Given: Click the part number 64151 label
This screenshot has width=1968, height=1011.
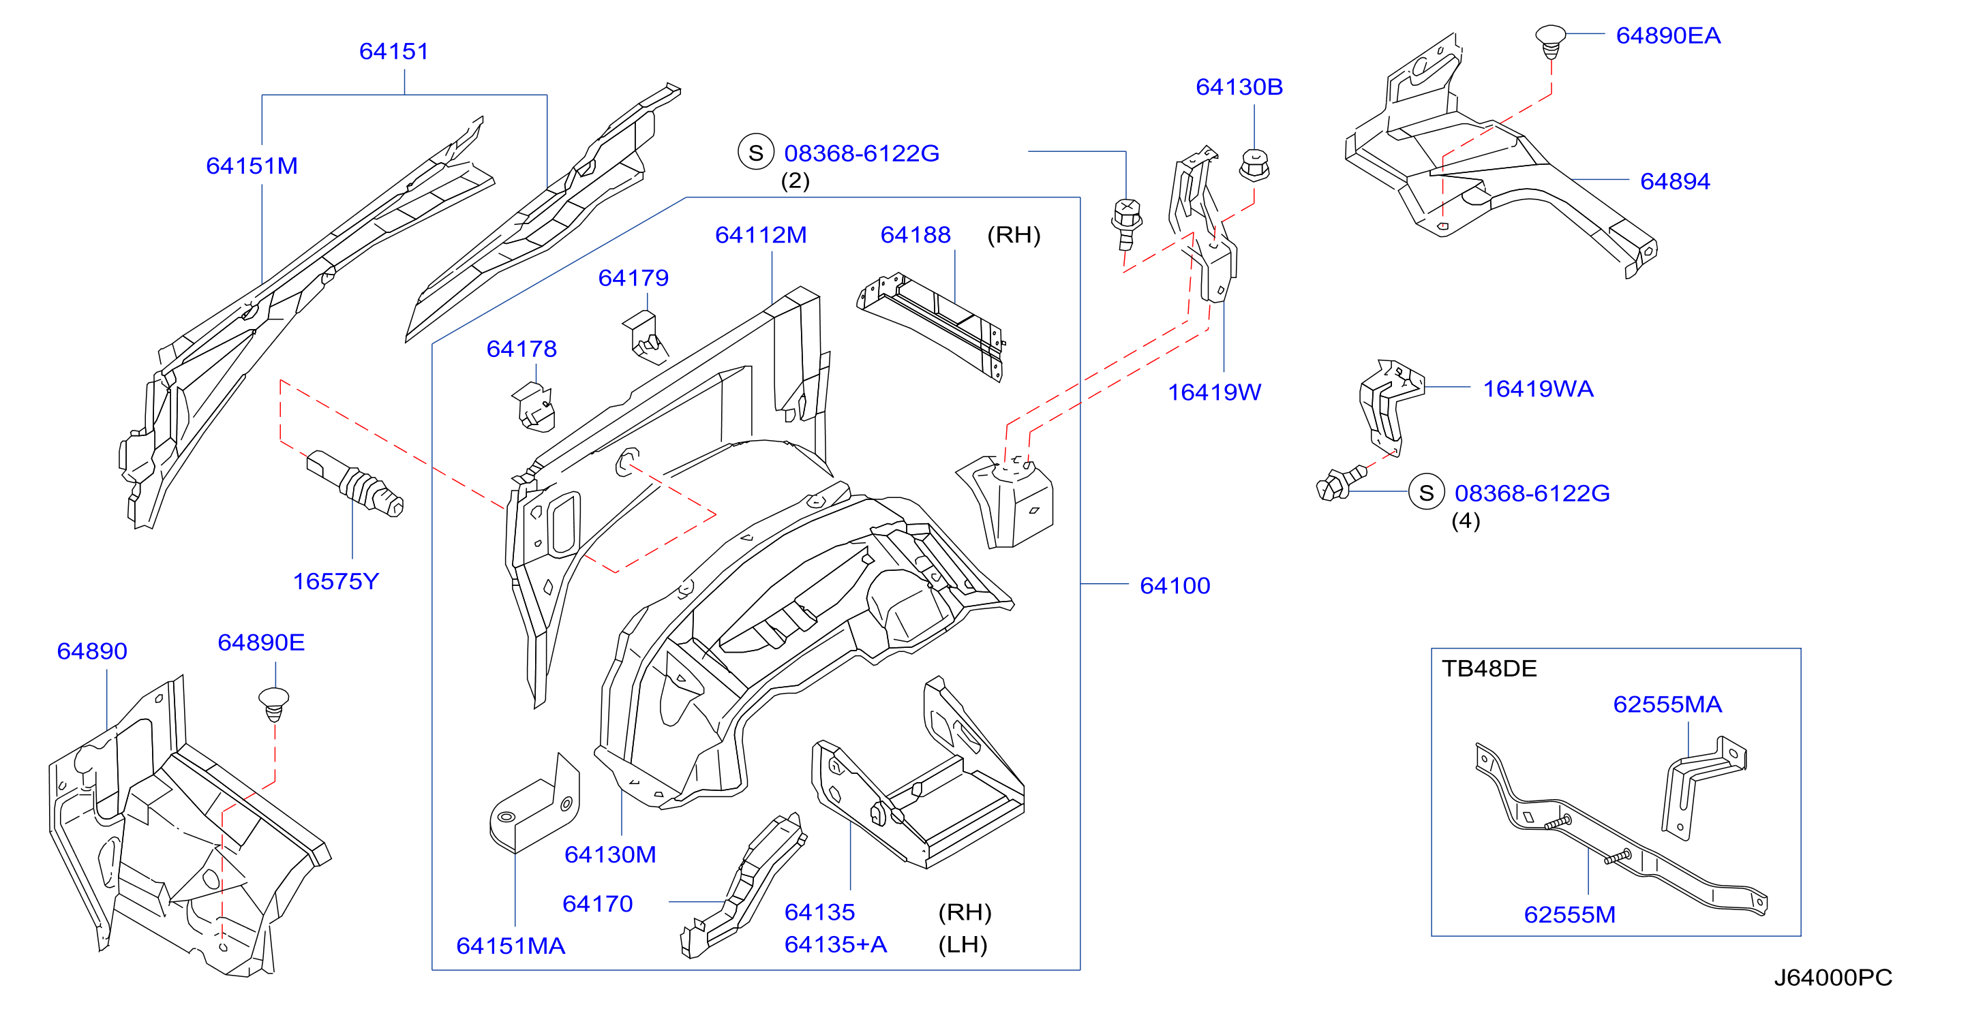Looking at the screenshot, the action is [x=394, y=51].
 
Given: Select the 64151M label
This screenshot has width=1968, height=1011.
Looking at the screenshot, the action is [x=252, y=166].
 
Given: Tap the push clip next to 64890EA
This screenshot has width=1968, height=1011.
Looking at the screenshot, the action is [x=1550, y=42].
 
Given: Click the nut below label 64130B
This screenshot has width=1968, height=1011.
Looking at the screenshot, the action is [x=1254, y=164].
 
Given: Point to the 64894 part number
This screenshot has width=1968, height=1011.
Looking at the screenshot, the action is [x=1676, y=181].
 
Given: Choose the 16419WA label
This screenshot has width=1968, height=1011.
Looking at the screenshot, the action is [x=1538, y=389].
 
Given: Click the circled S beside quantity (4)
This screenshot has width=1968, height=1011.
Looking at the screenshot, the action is [x=1426, y=493].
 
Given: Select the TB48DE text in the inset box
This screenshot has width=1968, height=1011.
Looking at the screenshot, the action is [x=1489, y=668].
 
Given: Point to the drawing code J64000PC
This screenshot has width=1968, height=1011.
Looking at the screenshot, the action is [x=1833, y=978].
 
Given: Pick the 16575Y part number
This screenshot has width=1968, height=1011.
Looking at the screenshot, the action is [x=336, y=581].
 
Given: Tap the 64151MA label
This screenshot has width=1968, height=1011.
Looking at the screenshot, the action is [x=511, y=946].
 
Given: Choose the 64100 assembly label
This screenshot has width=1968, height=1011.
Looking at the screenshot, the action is [x=1175, y=586].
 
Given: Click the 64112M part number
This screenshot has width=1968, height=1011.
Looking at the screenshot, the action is [x=761, y=234].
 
